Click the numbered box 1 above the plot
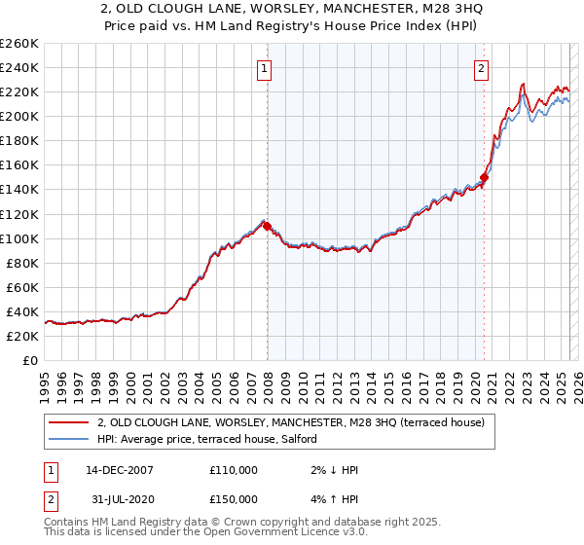[265, 68]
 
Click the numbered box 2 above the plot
[482, 68]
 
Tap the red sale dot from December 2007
[267, 226]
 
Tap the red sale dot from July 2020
[484, 177]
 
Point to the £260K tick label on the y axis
[19, 44]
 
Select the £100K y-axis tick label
[19, 238]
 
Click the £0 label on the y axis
[30, 360]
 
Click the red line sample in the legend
[68, 421]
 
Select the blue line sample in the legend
[68, 439]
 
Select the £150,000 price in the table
[234, 499]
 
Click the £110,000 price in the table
[234, 470]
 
